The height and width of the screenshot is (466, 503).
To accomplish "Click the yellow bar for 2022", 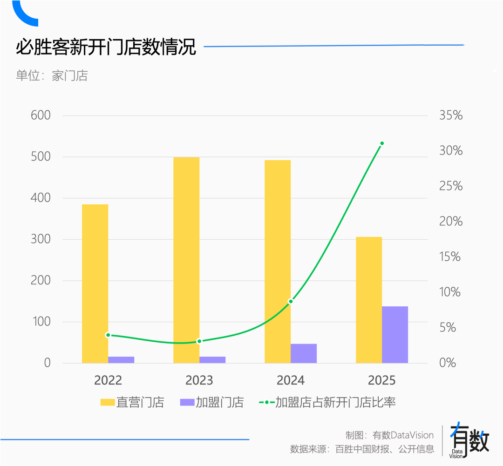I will (x=95, y=284).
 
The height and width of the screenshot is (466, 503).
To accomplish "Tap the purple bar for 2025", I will (x=395, y=335).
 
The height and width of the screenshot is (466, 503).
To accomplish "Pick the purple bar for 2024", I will (x=304, y=353).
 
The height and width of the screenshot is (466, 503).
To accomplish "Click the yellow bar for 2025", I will (x=369, y=300).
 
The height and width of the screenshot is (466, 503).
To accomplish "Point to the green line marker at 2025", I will (x=382, y=143).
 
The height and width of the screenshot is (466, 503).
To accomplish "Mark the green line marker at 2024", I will (x=291, y=302).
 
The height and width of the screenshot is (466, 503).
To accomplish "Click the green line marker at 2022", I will (x=108, y=335).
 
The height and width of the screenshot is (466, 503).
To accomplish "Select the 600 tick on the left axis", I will (x=41, y=115).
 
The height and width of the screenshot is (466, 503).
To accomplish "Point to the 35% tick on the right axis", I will (x=451, y=115).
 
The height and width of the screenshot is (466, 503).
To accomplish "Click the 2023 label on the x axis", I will (x=199, y=380).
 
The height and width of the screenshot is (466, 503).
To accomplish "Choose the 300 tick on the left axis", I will (x=41, y=239).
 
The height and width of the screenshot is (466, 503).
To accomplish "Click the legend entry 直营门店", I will (x=132, y=403).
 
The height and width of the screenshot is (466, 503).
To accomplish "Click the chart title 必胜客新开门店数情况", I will (x=106, y=47).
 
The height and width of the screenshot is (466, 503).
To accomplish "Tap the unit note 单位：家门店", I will (x=52, y=75).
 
